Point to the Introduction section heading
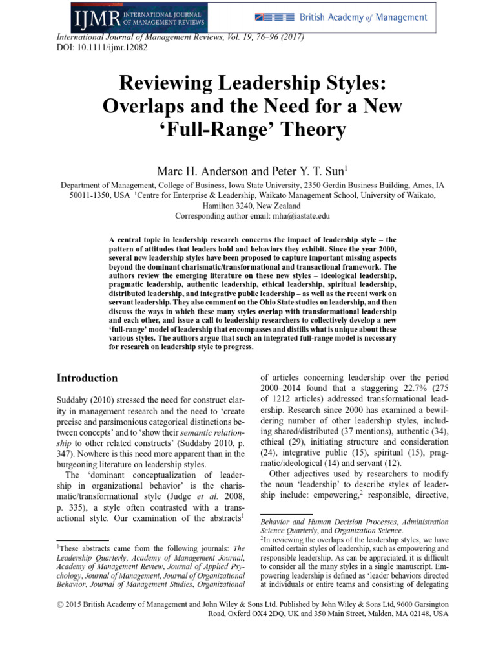(87, 378)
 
